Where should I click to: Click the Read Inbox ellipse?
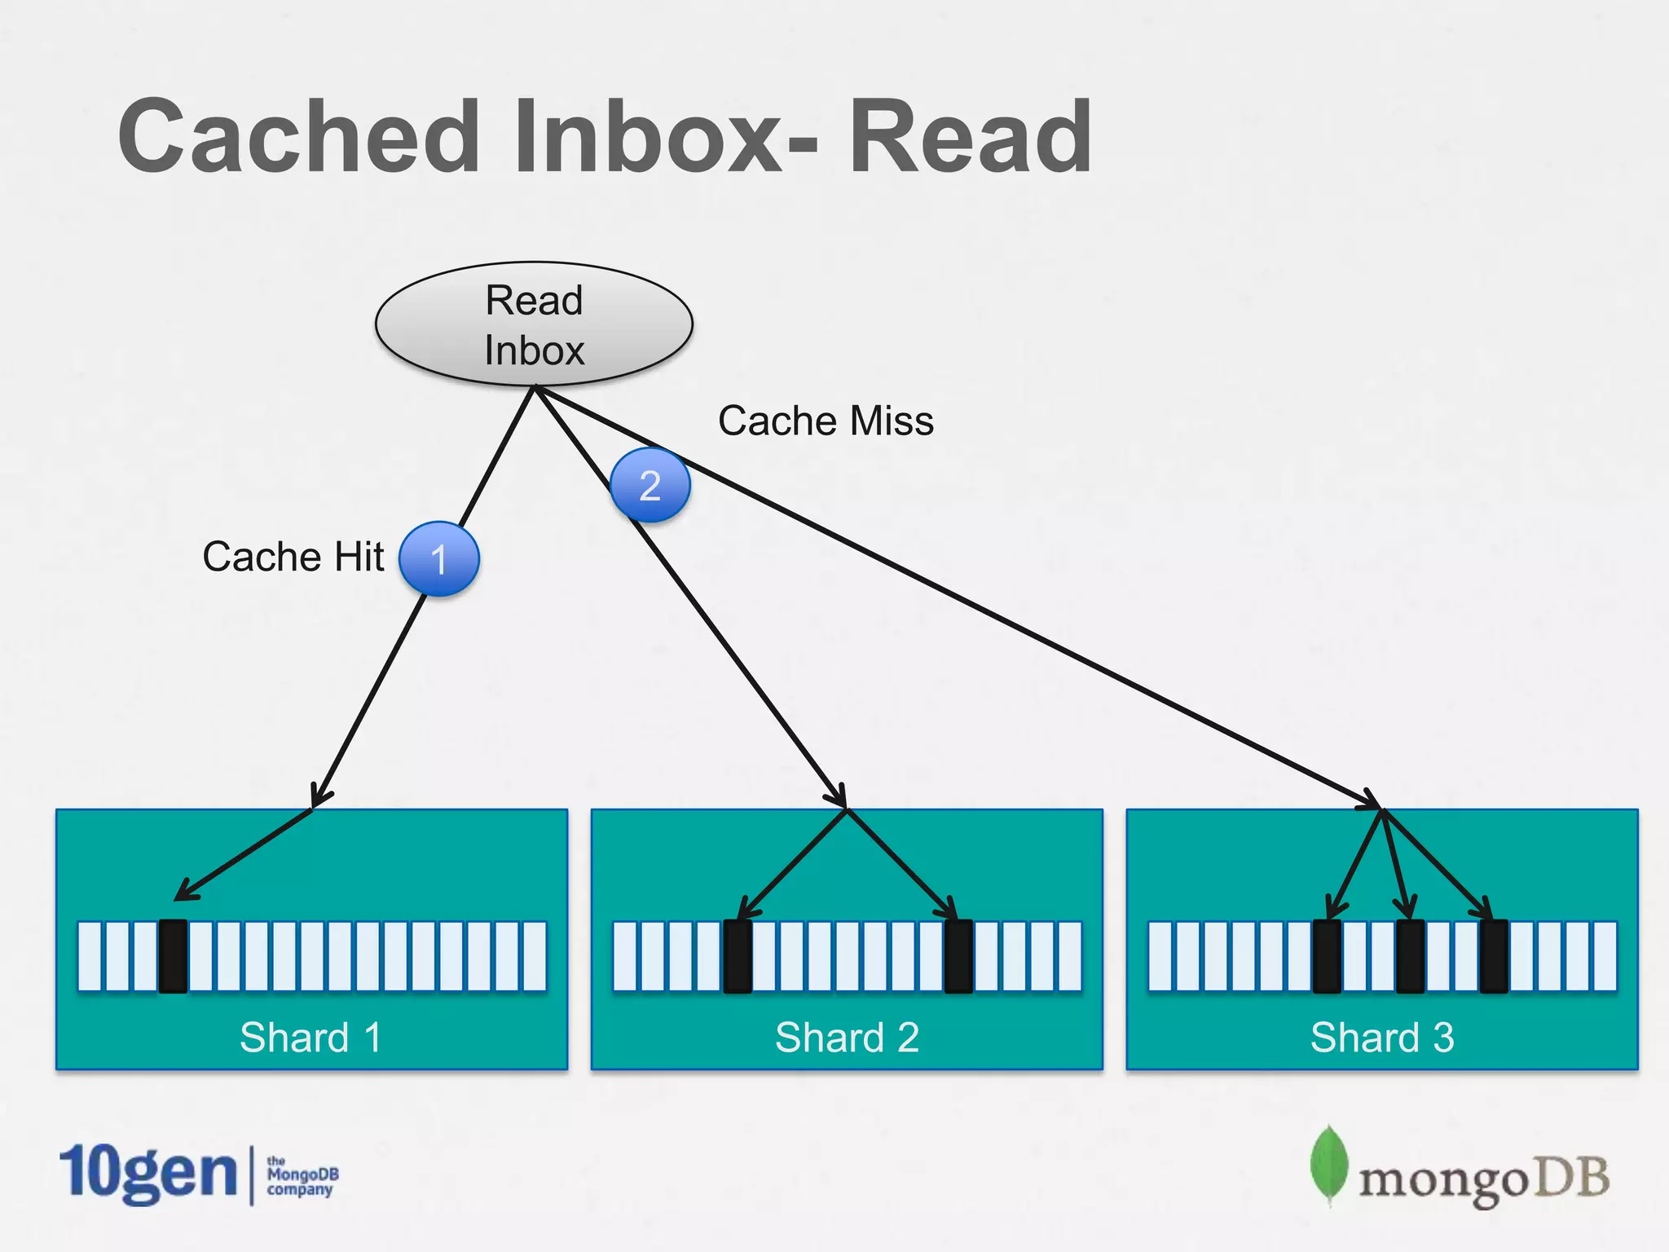(x=534, y=324)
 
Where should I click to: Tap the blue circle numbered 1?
(x=439, y=559)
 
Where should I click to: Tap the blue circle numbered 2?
(x=650, y=485)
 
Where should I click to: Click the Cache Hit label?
(x=293, y=557)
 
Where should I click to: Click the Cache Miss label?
(x=826, y=421)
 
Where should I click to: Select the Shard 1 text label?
(x=310, y=1038)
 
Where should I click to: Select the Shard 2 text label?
(x=847, y=1038)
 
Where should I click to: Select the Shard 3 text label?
(x=1382, y=1038)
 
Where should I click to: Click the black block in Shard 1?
(x=173, y=956)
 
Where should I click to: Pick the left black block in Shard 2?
(x=738, y=956)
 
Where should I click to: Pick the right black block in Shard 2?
(x=958, y=956)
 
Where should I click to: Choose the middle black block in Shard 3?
(x=1410, y=956)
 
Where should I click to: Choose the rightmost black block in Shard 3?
(x=1493, y=956)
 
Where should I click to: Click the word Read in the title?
(x=970, y=137)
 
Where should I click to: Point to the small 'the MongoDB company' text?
(x=302, y=1175)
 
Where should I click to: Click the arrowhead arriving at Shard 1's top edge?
(x=319, y=796)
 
